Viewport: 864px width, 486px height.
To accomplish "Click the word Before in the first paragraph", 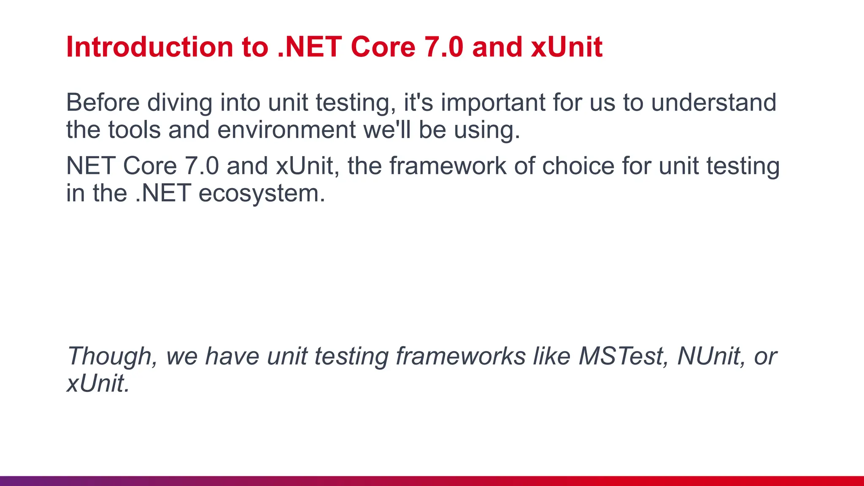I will [x=103, y=103].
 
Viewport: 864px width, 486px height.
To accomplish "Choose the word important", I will [x=493, y=103].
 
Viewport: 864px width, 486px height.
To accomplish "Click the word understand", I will [x=713, y=103].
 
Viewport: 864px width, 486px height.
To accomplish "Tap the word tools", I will [x=134, y=130].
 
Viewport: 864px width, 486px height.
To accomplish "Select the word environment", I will [x=286, y=130].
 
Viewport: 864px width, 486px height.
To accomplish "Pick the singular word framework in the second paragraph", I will [x=447, y=166].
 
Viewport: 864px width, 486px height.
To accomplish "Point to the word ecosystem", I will [x=262, y=194].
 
